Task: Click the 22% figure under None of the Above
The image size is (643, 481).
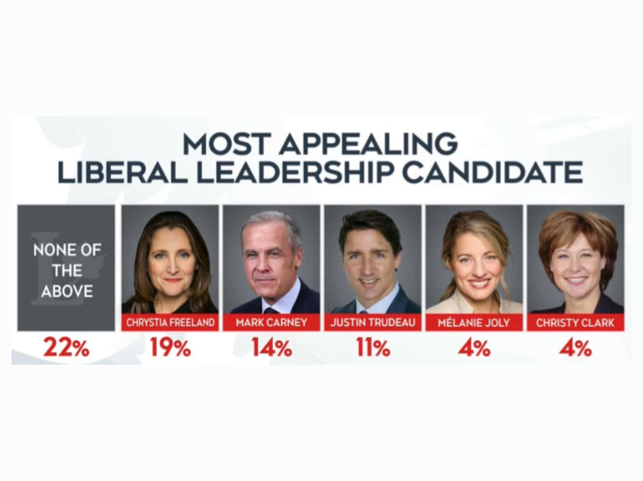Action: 66,348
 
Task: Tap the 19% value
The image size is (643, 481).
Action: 170,348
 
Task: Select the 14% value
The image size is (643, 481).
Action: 271,348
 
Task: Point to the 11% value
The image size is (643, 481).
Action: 373,348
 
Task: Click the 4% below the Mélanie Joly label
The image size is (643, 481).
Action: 474,348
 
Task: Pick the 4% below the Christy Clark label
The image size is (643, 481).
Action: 575,348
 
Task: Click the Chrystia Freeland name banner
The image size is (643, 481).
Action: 170,322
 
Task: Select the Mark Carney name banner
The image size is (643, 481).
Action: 271,322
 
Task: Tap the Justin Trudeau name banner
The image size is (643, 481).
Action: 373,322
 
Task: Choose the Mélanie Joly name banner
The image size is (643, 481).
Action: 474,322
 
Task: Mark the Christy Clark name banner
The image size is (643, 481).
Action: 575,322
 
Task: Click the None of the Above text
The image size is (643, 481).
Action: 67,271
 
